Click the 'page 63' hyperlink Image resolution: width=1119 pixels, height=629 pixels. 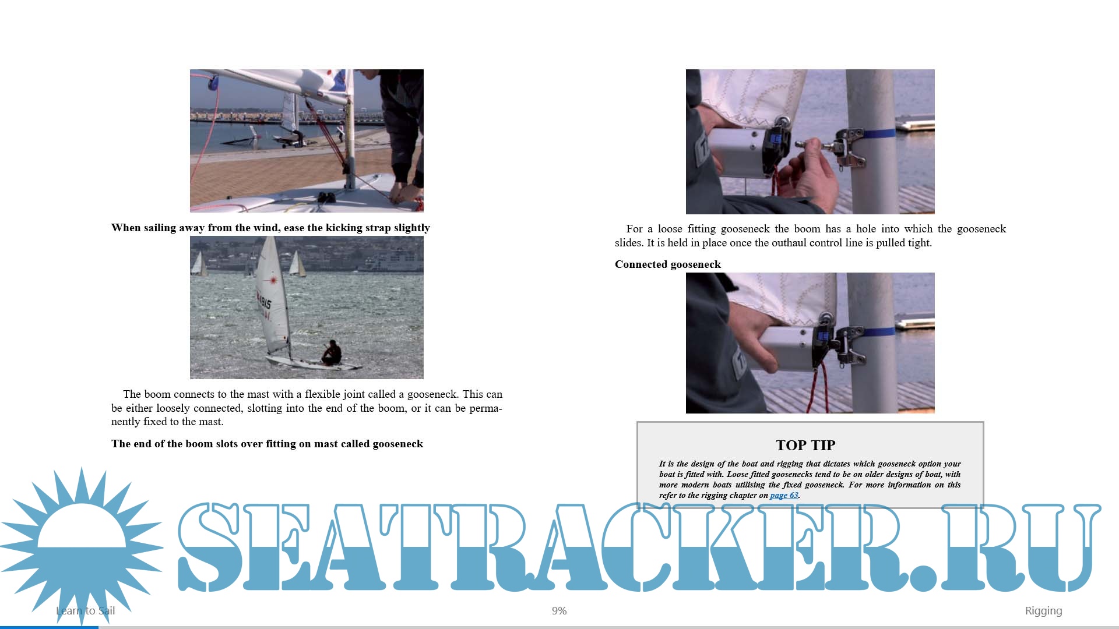tap(784, 495)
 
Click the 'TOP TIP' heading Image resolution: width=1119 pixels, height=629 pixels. tap(805, 445)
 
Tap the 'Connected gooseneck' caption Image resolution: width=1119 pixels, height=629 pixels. tap(668, 264)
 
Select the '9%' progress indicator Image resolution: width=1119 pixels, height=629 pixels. tap(559, 610)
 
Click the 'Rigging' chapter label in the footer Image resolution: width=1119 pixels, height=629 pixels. tap(1043, 611)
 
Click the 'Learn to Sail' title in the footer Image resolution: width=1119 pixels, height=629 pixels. tap(86, 610)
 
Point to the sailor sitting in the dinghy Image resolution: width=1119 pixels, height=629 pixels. tap(332, 353)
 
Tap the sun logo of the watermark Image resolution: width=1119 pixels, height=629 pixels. tap(82, 545)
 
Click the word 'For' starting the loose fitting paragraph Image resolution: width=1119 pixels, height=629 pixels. tap(634, 229)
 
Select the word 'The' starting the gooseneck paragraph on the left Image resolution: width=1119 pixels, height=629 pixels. tap(132, 394)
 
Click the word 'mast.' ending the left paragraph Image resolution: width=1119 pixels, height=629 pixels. tap(210, 422)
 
